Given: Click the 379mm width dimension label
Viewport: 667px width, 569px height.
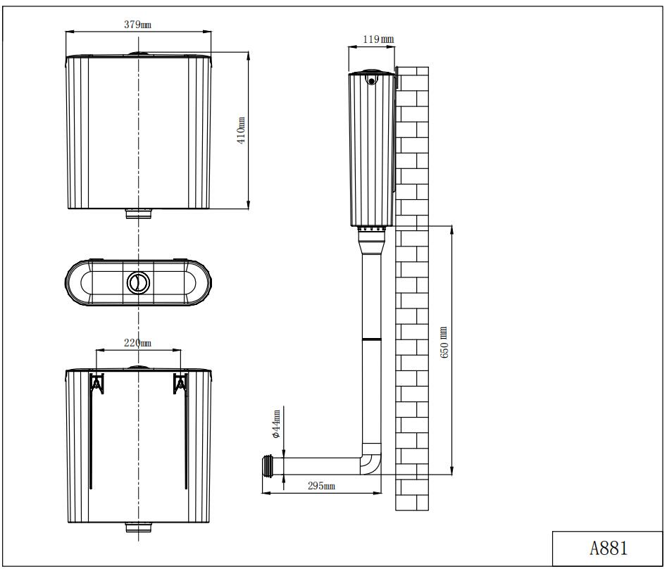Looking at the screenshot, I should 137,25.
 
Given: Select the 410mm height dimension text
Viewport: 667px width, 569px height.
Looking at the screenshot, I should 241,131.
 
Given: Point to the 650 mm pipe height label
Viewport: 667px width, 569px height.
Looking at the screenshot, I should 444,343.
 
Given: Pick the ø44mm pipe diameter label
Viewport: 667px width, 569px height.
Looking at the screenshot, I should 277,424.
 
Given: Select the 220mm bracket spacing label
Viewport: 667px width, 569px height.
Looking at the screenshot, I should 137,343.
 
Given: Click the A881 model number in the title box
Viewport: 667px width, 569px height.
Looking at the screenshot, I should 609,548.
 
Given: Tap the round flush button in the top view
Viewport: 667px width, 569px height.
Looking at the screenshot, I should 138,282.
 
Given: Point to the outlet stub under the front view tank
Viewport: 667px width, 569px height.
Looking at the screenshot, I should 138,214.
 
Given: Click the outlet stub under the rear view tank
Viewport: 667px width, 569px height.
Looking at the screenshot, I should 138,527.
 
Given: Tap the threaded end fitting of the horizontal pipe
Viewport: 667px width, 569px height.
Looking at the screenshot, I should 268,465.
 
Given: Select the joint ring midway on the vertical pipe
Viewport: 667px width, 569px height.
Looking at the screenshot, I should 371,339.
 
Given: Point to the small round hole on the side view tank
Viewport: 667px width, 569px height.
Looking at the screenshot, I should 372,82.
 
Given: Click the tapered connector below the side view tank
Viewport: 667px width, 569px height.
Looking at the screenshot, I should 371,243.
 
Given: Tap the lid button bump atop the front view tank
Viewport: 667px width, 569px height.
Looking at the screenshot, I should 138,53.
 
